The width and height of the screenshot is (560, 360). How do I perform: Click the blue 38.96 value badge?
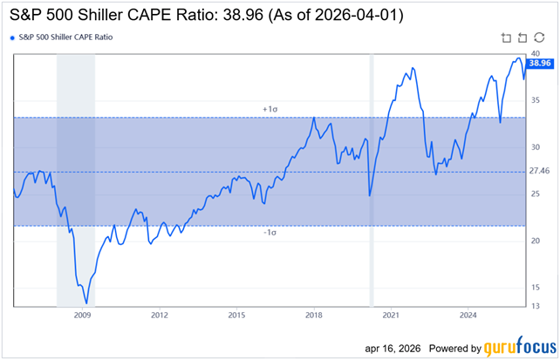coord(541,64)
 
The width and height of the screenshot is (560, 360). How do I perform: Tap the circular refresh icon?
coord(538,37)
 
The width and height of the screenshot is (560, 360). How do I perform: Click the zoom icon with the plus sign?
coord(507,37)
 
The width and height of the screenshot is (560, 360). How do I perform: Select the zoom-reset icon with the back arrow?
coord(522,37)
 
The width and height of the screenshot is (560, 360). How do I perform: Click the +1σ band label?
coord(270,109)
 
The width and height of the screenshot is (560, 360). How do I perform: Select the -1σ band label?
coord(270,234)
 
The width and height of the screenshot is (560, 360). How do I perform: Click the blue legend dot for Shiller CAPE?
coord(10,38)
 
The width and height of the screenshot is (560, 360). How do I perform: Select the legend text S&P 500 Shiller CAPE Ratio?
coord(65,38)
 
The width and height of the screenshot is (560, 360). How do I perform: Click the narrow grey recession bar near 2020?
coord(372,179)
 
